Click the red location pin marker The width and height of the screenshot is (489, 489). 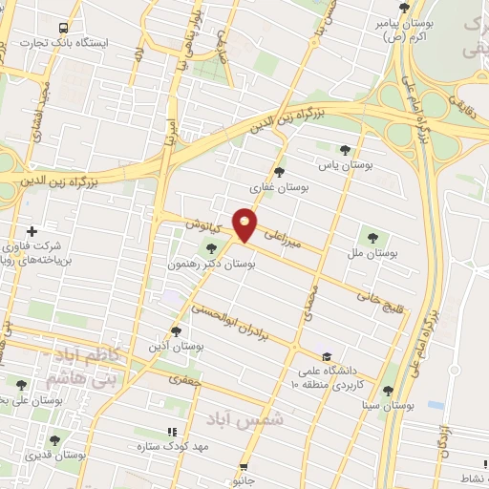(246, 224)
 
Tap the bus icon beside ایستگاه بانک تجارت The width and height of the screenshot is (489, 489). (63, 28)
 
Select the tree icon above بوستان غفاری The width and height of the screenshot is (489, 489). (279, 172)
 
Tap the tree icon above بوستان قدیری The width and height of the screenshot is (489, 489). (53, 440)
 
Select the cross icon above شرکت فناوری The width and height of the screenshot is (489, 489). (32, 231)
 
